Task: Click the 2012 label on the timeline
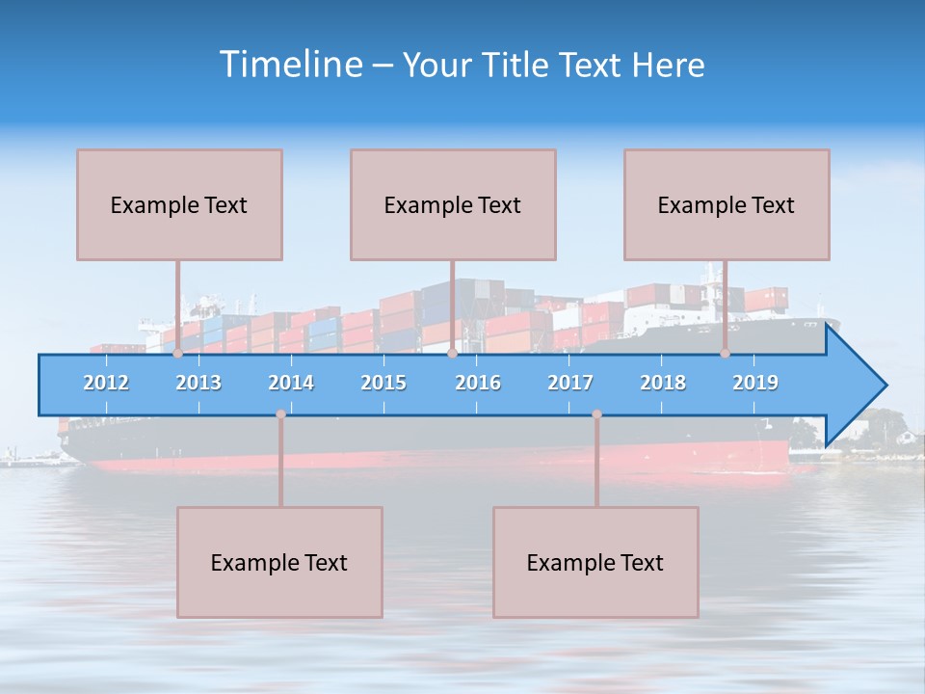(x=106, y=383)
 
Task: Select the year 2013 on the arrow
(x=198, y=383)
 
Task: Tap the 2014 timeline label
(x=291, y=383)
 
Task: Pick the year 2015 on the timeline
(x=383, y=383)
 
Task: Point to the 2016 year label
(x=478, y=383)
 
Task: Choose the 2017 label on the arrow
(x=570, y=383)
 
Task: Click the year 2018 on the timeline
(x=663, y=383)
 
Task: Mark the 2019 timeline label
(x=755, y=383)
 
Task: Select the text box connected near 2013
(x=179, y=204)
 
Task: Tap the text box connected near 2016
(x=453, y=204)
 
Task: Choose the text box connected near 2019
(x=727, y=204)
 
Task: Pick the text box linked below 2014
(x=279, y=562)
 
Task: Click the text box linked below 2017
(x=595, y=562)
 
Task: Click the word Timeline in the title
(x=290, y=65)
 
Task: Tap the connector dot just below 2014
(x=280, y=414)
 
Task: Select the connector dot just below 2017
(x=596, y=414)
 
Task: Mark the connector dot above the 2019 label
(x=725, y=354)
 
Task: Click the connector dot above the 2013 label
(x=177, y=354)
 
